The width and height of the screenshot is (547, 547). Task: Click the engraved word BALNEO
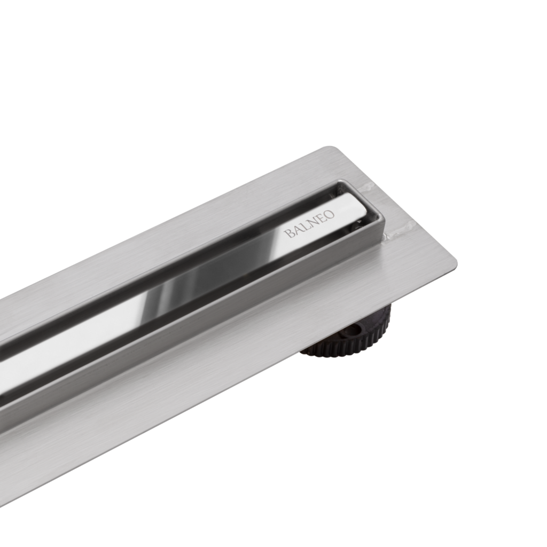pyautogui.click(x=309, y=224)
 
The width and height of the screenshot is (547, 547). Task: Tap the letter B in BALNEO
pyautogui.click(x=288, y=233)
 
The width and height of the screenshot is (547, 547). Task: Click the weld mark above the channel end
pyautogui.click(x=368, y=187)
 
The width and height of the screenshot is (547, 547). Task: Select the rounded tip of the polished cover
pyautogui.click(x=363, y=206)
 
